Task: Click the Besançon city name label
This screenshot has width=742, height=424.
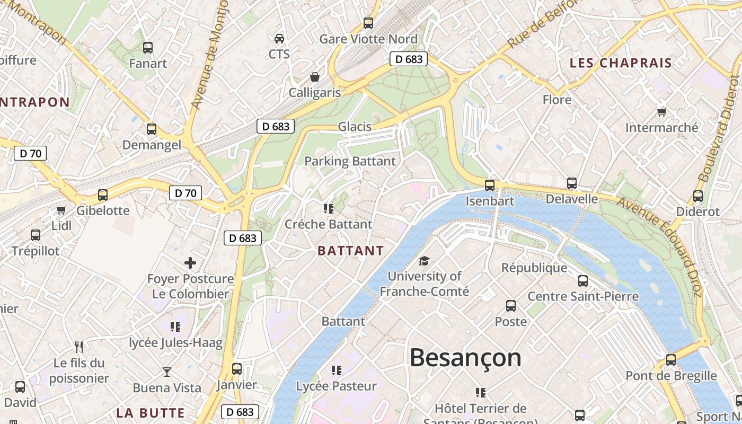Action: (465, 358)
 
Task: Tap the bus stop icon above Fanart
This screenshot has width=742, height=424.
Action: (148, 48)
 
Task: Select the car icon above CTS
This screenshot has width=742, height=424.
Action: (279, 38)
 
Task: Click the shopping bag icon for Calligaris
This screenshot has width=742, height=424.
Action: (315, 77)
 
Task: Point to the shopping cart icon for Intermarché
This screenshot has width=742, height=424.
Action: (661, 112)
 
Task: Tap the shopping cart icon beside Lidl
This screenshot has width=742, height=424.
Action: (61, 210)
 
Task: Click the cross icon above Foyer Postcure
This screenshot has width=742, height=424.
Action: (190, 262)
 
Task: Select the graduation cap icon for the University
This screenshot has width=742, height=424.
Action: (424, 261)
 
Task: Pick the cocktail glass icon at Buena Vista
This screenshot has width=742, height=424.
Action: (167, 372)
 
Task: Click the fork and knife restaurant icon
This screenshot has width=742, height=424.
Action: (79, 347)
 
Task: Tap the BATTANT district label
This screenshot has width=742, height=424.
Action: (351, 251)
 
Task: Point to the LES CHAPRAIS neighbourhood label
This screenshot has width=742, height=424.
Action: (621, 63)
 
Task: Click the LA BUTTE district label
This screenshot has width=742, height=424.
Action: (151, 413)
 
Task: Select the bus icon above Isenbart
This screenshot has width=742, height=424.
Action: (490, 185)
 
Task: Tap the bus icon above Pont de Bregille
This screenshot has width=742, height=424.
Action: (671, 360)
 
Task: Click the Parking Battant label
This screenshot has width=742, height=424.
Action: (350, 161)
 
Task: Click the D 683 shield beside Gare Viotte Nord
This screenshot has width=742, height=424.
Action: (409, 59)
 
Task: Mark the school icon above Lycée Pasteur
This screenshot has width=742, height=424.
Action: (337, 370)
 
